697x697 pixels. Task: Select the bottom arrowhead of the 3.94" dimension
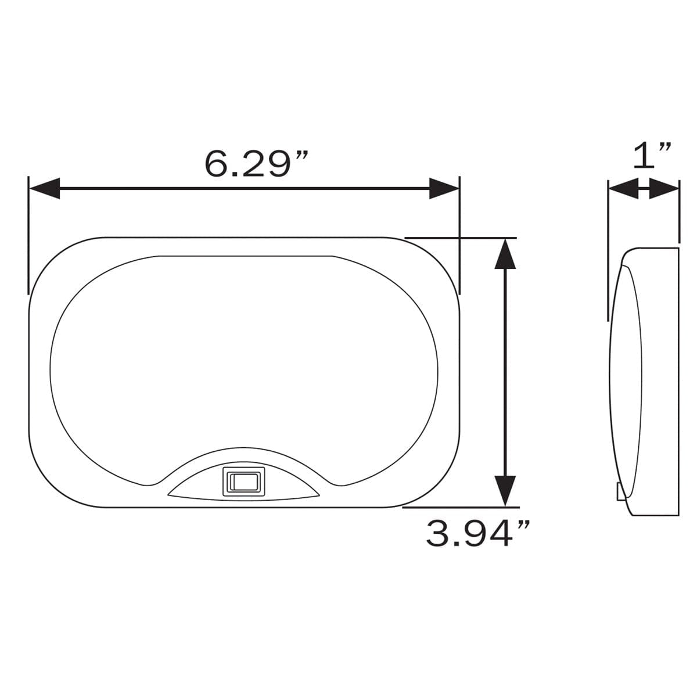[x=505, y=490]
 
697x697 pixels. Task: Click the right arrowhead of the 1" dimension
[x=664, y=189]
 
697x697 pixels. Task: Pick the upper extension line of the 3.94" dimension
[x=459, y=238]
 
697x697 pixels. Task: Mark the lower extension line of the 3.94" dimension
[x=459, y=506]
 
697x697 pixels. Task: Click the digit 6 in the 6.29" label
[x=217, y=164]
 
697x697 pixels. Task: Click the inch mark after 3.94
[x=522, y=525]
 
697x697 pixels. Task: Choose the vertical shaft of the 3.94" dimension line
[x=505, y=372]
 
